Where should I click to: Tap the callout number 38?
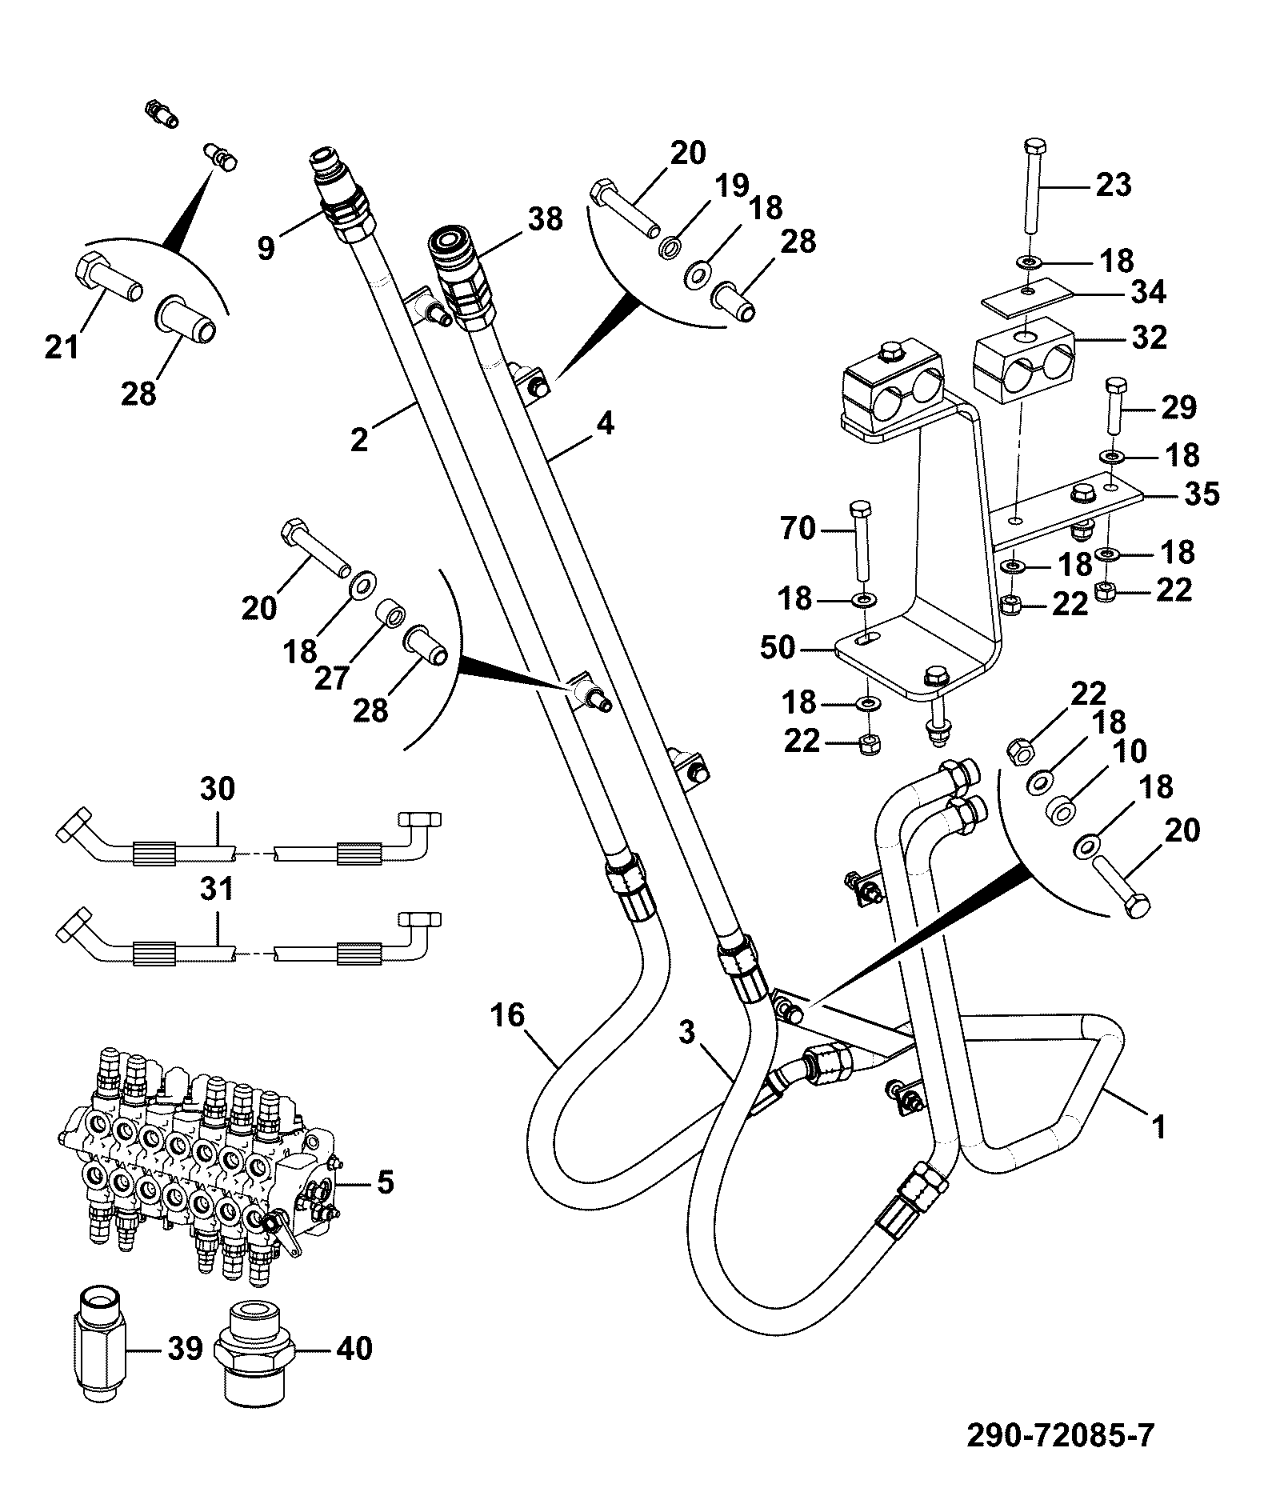tap(546, 218)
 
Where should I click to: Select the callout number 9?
tap(266, 248)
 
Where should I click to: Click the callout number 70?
tap(798, 528)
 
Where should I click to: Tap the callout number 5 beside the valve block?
tap(386, 1182)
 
